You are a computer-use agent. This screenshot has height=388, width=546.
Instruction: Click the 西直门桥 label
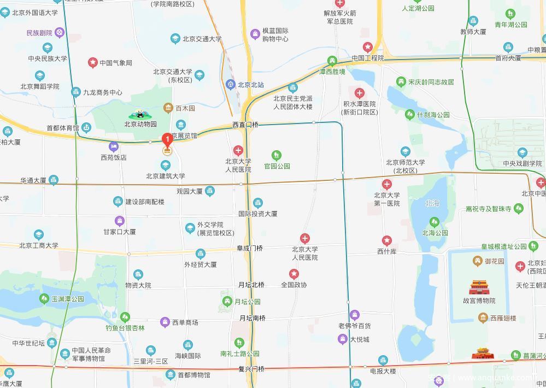[245, 125]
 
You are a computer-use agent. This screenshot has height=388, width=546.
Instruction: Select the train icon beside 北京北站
[230, 85]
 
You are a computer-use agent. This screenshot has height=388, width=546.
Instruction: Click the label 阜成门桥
[249, 248]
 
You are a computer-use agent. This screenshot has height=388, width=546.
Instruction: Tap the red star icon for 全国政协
[294, 274]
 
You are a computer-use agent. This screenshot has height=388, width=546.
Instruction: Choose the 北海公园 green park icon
[435, 222]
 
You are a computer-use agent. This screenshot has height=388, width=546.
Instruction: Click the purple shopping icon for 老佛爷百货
[354, 315]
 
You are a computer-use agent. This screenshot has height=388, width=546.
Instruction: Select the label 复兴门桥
[251, 369]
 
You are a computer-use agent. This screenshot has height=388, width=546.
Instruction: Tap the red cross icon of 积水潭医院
[359, 93]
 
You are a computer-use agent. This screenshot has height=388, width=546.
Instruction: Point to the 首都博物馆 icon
[171, 375]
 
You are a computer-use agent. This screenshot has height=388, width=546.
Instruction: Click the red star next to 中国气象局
[93, 63]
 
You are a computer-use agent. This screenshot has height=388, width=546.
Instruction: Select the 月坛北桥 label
[251, 285]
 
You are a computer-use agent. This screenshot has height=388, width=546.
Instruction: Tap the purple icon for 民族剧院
[60, 33]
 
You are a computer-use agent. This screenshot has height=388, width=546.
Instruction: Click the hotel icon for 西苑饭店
[114, 146]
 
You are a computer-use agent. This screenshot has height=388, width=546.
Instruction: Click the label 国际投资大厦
[257, 214]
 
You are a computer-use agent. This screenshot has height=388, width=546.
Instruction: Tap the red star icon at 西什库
[386, 240]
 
